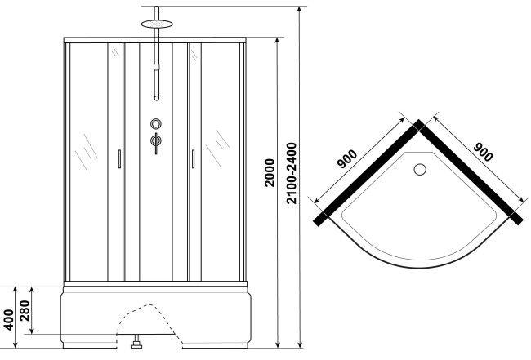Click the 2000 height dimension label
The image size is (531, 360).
[x=270, y=172]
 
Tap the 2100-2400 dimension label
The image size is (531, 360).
[x=292, y=173]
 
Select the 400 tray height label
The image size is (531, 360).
[x=9, y=319]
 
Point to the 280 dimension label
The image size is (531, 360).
[x=25, y=310]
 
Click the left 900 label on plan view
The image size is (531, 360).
[x=347, y=158]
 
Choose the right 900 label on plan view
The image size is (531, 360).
[x=483, y=152]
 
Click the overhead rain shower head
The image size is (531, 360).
[x=157, y=24]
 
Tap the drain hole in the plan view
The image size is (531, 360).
[x=420, y=169]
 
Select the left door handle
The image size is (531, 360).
[x=119, y=159]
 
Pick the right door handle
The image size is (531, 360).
[x=193, y=159]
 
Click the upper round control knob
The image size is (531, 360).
[x=156, y=124]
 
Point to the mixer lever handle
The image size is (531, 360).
[x=156, y=142]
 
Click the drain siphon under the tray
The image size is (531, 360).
[x=136, y=341]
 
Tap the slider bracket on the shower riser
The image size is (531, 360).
[x=157, y=67]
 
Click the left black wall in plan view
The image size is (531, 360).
[x=367, y=174]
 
